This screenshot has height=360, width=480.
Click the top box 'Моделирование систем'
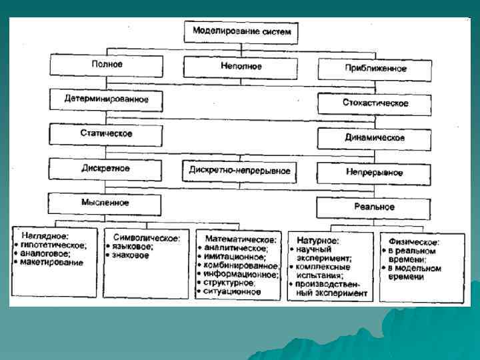pos(241,31)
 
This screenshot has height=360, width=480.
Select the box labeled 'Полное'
pos(107,65)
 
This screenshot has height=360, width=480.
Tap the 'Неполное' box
pos(241,67)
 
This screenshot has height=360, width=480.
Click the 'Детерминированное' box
pos(107,99)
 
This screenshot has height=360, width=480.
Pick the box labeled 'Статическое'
pos(107,134)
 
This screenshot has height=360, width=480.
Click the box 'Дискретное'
pos(107,169)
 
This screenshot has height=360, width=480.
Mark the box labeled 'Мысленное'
pos(107,203)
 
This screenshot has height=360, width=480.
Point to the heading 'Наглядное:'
pos(49,235)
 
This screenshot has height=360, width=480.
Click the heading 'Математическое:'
pos(240,238)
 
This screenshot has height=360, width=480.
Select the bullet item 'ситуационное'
pos(233,291)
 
